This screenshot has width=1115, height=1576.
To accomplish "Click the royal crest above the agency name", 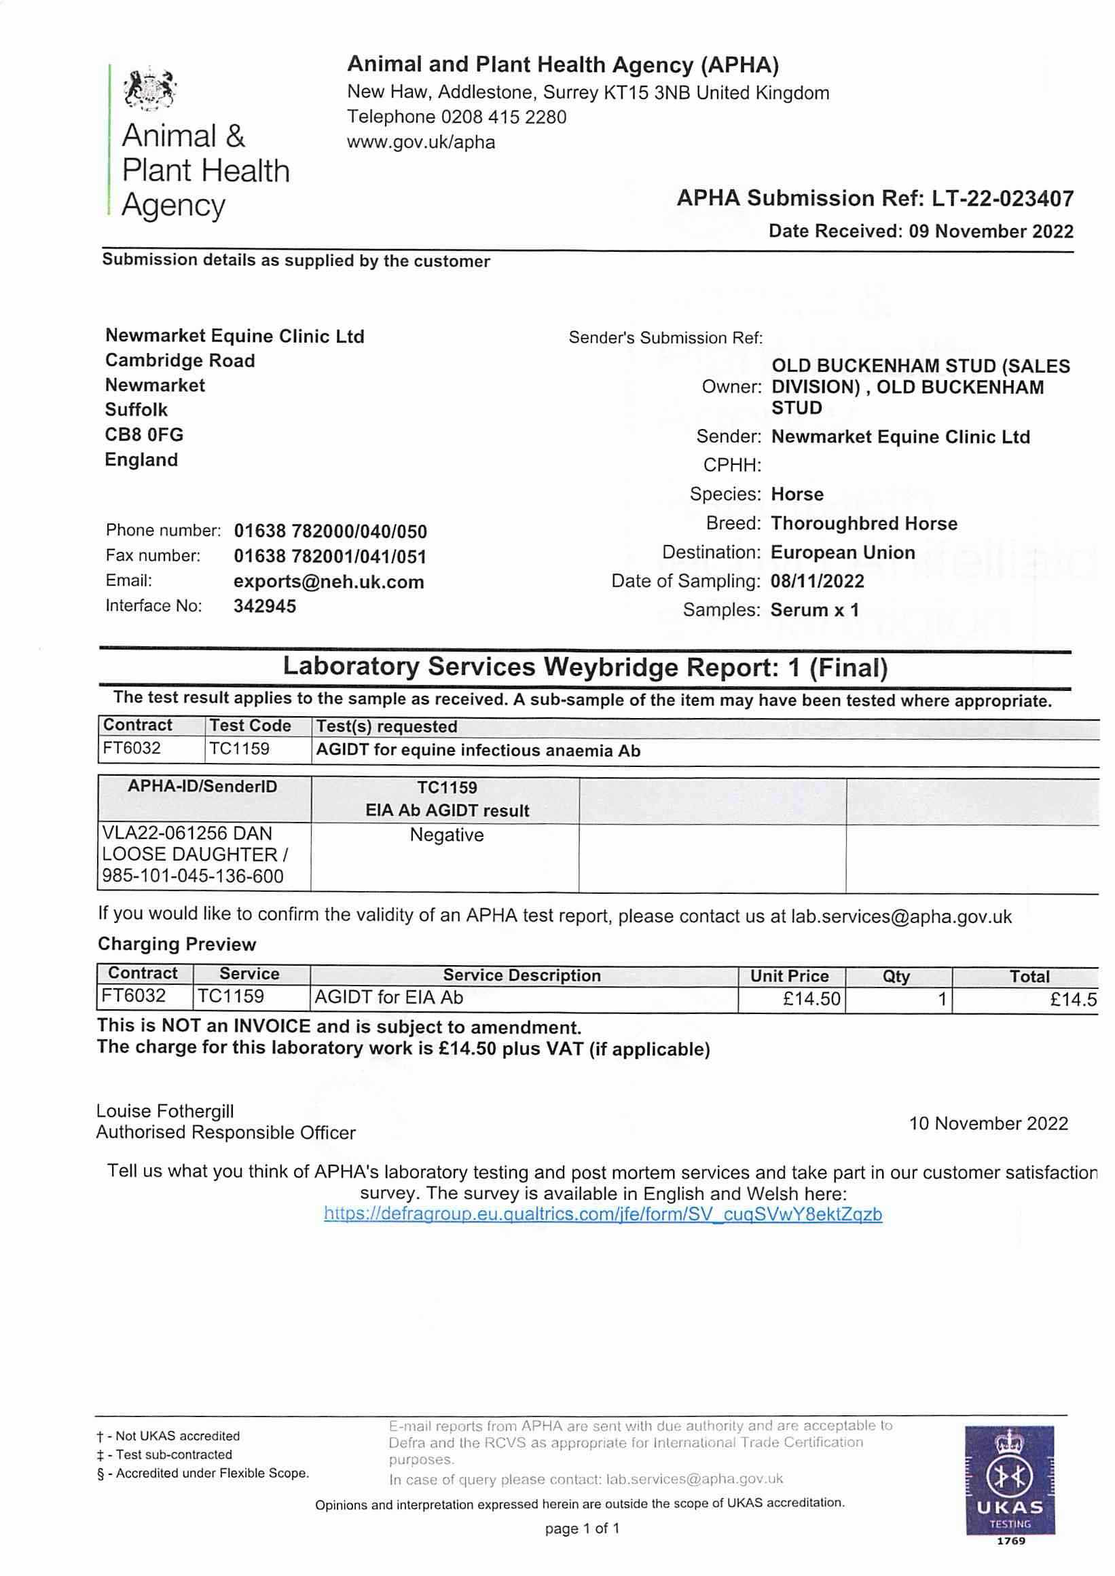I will click(149, 88).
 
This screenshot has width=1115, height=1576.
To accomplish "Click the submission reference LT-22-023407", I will click(1002, 199).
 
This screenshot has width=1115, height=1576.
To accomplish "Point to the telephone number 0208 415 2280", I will click(504, 117).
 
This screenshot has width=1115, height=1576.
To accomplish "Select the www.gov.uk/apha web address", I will click(421, 142).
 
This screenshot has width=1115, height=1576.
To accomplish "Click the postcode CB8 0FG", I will click(144, 435).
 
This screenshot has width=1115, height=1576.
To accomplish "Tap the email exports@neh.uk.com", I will click(329, 582).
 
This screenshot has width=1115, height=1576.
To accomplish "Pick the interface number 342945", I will click(265, 606).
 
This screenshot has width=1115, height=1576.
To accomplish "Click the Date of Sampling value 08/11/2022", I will click(817, 582).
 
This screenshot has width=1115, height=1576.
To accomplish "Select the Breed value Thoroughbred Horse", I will click(864, 524).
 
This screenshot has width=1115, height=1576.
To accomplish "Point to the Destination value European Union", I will click(843, 552).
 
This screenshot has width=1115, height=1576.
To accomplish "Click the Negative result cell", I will click(446, 836).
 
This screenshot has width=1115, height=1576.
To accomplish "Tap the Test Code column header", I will click(251, 726).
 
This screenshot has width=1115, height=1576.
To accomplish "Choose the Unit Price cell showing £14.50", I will click(811, 998).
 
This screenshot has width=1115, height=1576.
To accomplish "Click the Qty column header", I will click(896, 976).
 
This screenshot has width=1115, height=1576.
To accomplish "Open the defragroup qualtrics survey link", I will click(603, 1214).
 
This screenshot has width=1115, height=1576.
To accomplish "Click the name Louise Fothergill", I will click(165, 1111).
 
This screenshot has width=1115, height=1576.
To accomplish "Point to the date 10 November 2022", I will click(989, 1124).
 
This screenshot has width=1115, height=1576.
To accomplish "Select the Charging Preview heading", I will click(177, 945).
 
